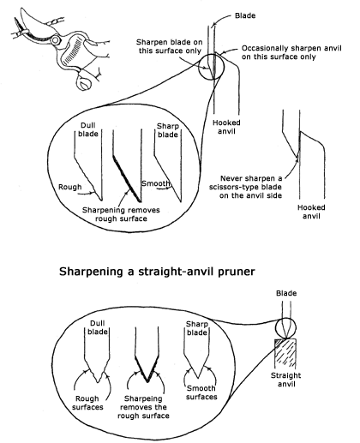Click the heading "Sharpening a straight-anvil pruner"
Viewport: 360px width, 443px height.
tap(157, 272)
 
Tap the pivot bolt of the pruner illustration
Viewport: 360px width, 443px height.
tap(56, 40)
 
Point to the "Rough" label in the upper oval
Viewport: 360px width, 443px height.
tap(70, 187)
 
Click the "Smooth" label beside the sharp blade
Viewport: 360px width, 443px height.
tap(156, 183)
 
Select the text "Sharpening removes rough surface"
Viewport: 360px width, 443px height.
tap(121, 214)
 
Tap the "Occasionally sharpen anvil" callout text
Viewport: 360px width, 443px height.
tap(291, 52)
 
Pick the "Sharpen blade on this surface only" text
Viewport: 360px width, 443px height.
tap(170, 46)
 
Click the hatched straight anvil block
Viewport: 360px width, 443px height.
tap(285, 353)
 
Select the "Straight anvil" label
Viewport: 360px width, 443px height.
tap(285, 380)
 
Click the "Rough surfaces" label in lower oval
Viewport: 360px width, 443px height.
tap(87, 403)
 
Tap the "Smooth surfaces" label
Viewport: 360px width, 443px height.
tap(201, 392)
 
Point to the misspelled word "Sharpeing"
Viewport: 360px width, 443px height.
tap(143, 398)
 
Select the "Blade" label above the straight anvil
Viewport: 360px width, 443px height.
tap(286, 293)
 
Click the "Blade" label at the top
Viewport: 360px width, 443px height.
tap(245, 15)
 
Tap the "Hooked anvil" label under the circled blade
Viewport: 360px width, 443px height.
tap(226, 127)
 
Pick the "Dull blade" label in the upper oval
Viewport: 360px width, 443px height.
tap(88, 129)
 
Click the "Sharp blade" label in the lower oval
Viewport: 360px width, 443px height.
tap(196, 328)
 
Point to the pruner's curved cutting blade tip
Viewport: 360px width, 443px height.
tap(22, 9)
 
